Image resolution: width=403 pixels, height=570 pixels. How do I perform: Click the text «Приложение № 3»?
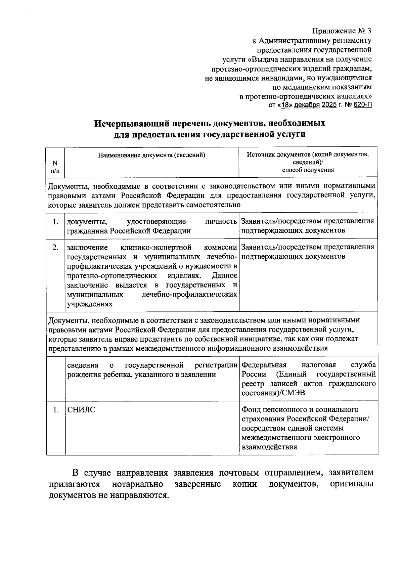coord(342,31)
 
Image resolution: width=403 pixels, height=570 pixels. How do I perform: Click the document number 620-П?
coord(363,105)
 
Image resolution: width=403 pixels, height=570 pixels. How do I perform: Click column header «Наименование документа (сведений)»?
coord(151,155)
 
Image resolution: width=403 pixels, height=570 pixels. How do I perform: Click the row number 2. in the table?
coord(56,248)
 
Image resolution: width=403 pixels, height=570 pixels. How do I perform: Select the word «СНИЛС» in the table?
coord(81,410)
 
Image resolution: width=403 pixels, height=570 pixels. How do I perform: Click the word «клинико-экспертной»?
coord(156,248)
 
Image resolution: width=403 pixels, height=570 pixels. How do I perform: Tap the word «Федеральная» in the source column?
coord(264,365)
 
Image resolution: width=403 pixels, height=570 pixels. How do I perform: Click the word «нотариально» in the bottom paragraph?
coord(138,484)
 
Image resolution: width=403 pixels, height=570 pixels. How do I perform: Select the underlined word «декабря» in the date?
coord(306,105)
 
